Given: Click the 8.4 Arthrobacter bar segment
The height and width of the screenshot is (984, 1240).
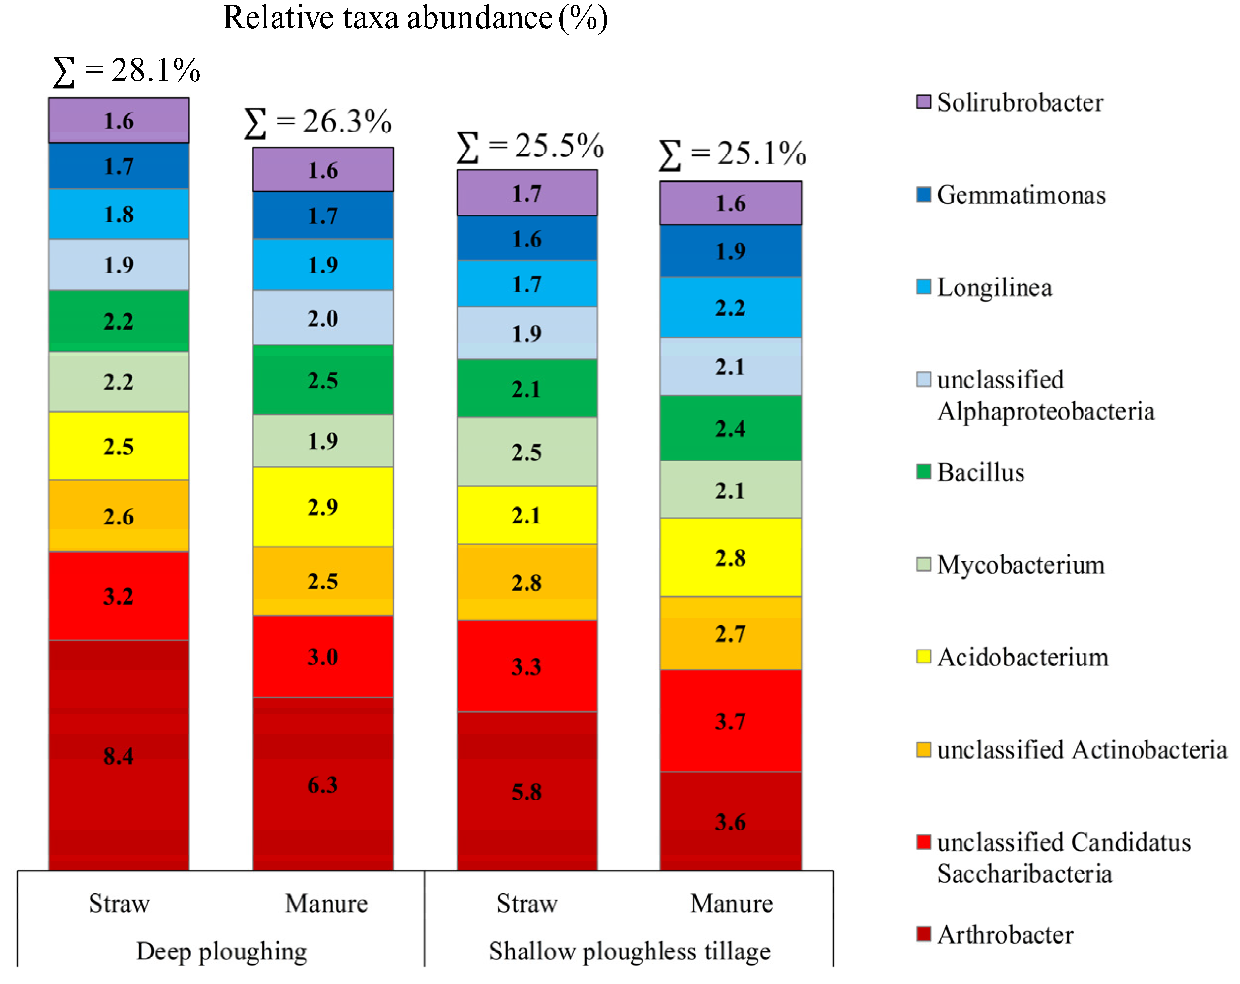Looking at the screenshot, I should click(119, 755).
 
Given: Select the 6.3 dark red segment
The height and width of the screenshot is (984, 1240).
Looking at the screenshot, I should click(323, 783).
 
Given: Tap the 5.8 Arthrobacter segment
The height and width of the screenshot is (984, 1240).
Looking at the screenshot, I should click(527, 791).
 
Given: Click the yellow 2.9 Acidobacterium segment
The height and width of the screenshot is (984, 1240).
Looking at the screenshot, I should click(323, 506).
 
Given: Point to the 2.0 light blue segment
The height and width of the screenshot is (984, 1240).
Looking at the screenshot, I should click(323, 317).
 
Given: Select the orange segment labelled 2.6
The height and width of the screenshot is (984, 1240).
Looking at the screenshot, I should click(119, 516).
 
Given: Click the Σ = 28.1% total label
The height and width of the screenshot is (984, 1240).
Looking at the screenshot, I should click(126, 71).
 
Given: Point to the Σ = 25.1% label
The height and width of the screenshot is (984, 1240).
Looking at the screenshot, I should click(732, 154).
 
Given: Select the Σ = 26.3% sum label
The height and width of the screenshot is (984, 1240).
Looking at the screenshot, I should click(317, 122).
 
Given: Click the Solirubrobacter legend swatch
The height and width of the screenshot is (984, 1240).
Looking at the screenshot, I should click(923, 102).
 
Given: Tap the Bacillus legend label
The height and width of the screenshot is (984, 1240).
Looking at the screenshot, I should click(981, 472).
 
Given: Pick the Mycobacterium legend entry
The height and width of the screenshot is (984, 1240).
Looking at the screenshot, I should click(1021, 565).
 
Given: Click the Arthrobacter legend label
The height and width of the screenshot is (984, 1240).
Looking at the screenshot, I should click(1005, 934).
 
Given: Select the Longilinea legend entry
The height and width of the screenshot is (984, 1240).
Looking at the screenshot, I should click(994, 287).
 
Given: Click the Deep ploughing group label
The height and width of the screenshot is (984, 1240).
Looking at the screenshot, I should click(221, 951).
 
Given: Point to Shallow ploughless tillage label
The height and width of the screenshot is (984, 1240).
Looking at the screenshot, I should click(629, 951).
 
